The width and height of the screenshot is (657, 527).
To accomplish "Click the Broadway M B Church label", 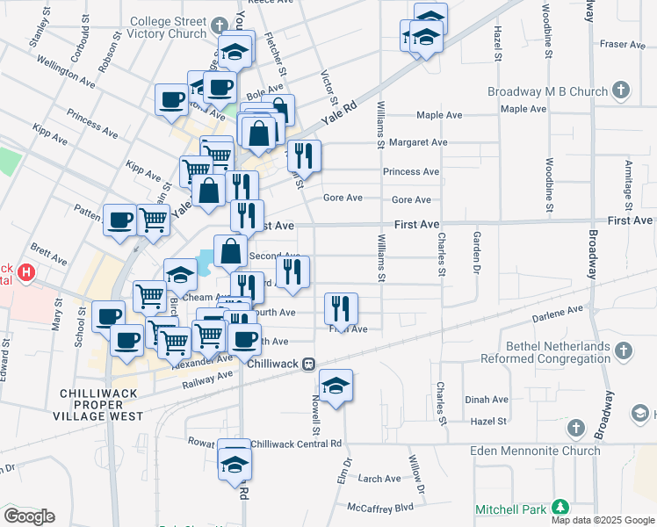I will [549, 91].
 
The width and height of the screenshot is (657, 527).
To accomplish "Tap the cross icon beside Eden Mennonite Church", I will [576, 428].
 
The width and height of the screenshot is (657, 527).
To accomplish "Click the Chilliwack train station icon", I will [309, 364].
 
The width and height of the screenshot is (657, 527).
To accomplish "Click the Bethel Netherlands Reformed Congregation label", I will [545, 352].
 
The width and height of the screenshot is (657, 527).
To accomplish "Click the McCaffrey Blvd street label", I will [379, 508].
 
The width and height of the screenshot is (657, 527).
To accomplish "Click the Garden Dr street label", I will [477, 250].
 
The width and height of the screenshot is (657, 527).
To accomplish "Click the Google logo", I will [29, 516].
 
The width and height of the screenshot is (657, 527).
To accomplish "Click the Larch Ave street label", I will [379, 479].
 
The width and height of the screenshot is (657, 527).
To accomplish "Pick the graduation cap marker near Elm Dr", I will [336, 386].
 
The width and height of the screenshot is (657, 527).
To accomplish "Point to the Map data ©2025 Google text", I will [603, 520].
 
